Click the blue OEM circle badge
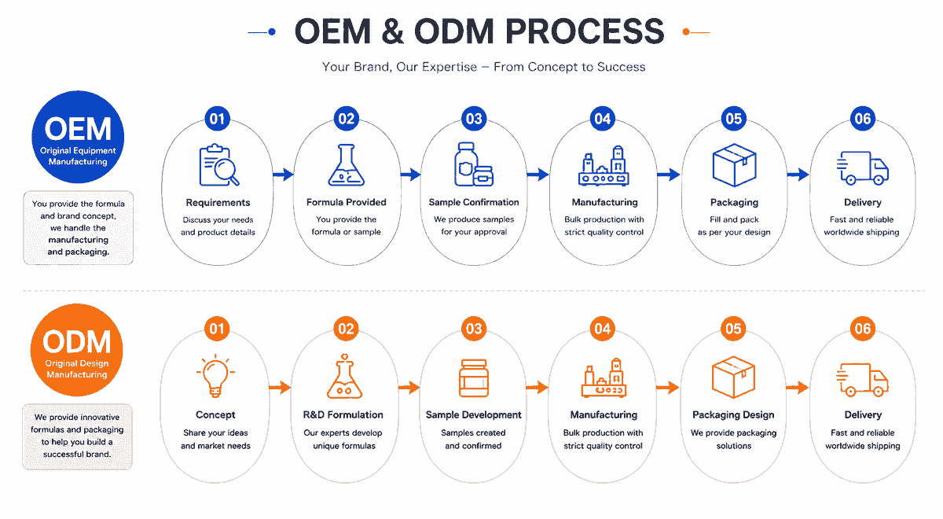pyautogui.click(x=78, y=137)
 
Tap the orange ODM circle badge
pyautogui.click(x=77, y=350)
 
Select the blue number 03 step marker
pyautogui.click(x=474, y=119)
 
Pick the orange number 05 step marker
pyautogui.click(x=733, y=329)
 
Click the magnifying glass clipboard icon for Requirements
pyautogui.click(x=219, y=165)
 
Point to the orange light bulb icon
pyautogui.click(x=215, y=375)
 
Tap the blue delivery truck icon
pyautogui.click(x=862, y=167)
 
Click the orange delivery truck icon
pyautogui.click(x=862, y=380)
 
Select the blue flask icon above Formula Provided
pyautogui.click(x=346, y=165)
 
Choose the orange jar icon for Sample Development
pyautogui.click(x=474, y=378)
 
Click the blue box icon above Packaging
pyautogui.click(x=734, y=164)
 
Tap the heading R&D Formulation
pyautogui.click(x=343, y=415)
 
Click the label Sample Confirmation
pyautogui.click(x=474, y=202)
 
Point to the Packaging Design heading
pyautogui.click(x=733, y=415)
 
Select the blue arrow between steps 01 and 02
pyautogui.click(x=283, y=175)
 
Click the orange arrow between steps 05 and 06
pyautogui.click(x=798, y=387)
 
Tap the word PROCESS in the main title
pyautogui.click(x=585, y=31)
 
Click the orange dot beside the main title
pyautogui.click(x=686, y=31)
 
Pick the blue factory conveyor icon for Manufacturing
pyautogui.click(x=604, y=166)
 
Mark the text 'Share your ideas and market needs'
pyautogui.click(x=215, y=439)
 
